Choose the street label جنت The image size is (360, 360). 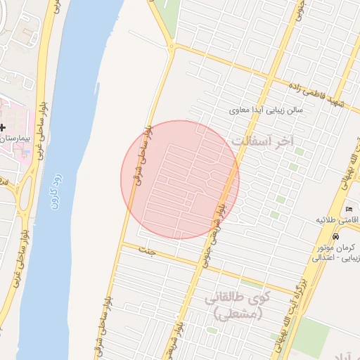(x=146, y=250)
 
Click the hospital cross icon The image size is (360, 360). (x=3, y=128)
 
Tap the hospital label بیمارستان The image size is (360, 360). (x=15, y=140)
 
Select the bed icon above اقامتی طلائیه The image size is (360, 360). (x=349, y=208)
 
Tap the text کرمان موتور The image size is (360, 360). (x=337, y=247)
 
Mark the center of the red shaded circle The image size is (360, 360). (x=180, y=180)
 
